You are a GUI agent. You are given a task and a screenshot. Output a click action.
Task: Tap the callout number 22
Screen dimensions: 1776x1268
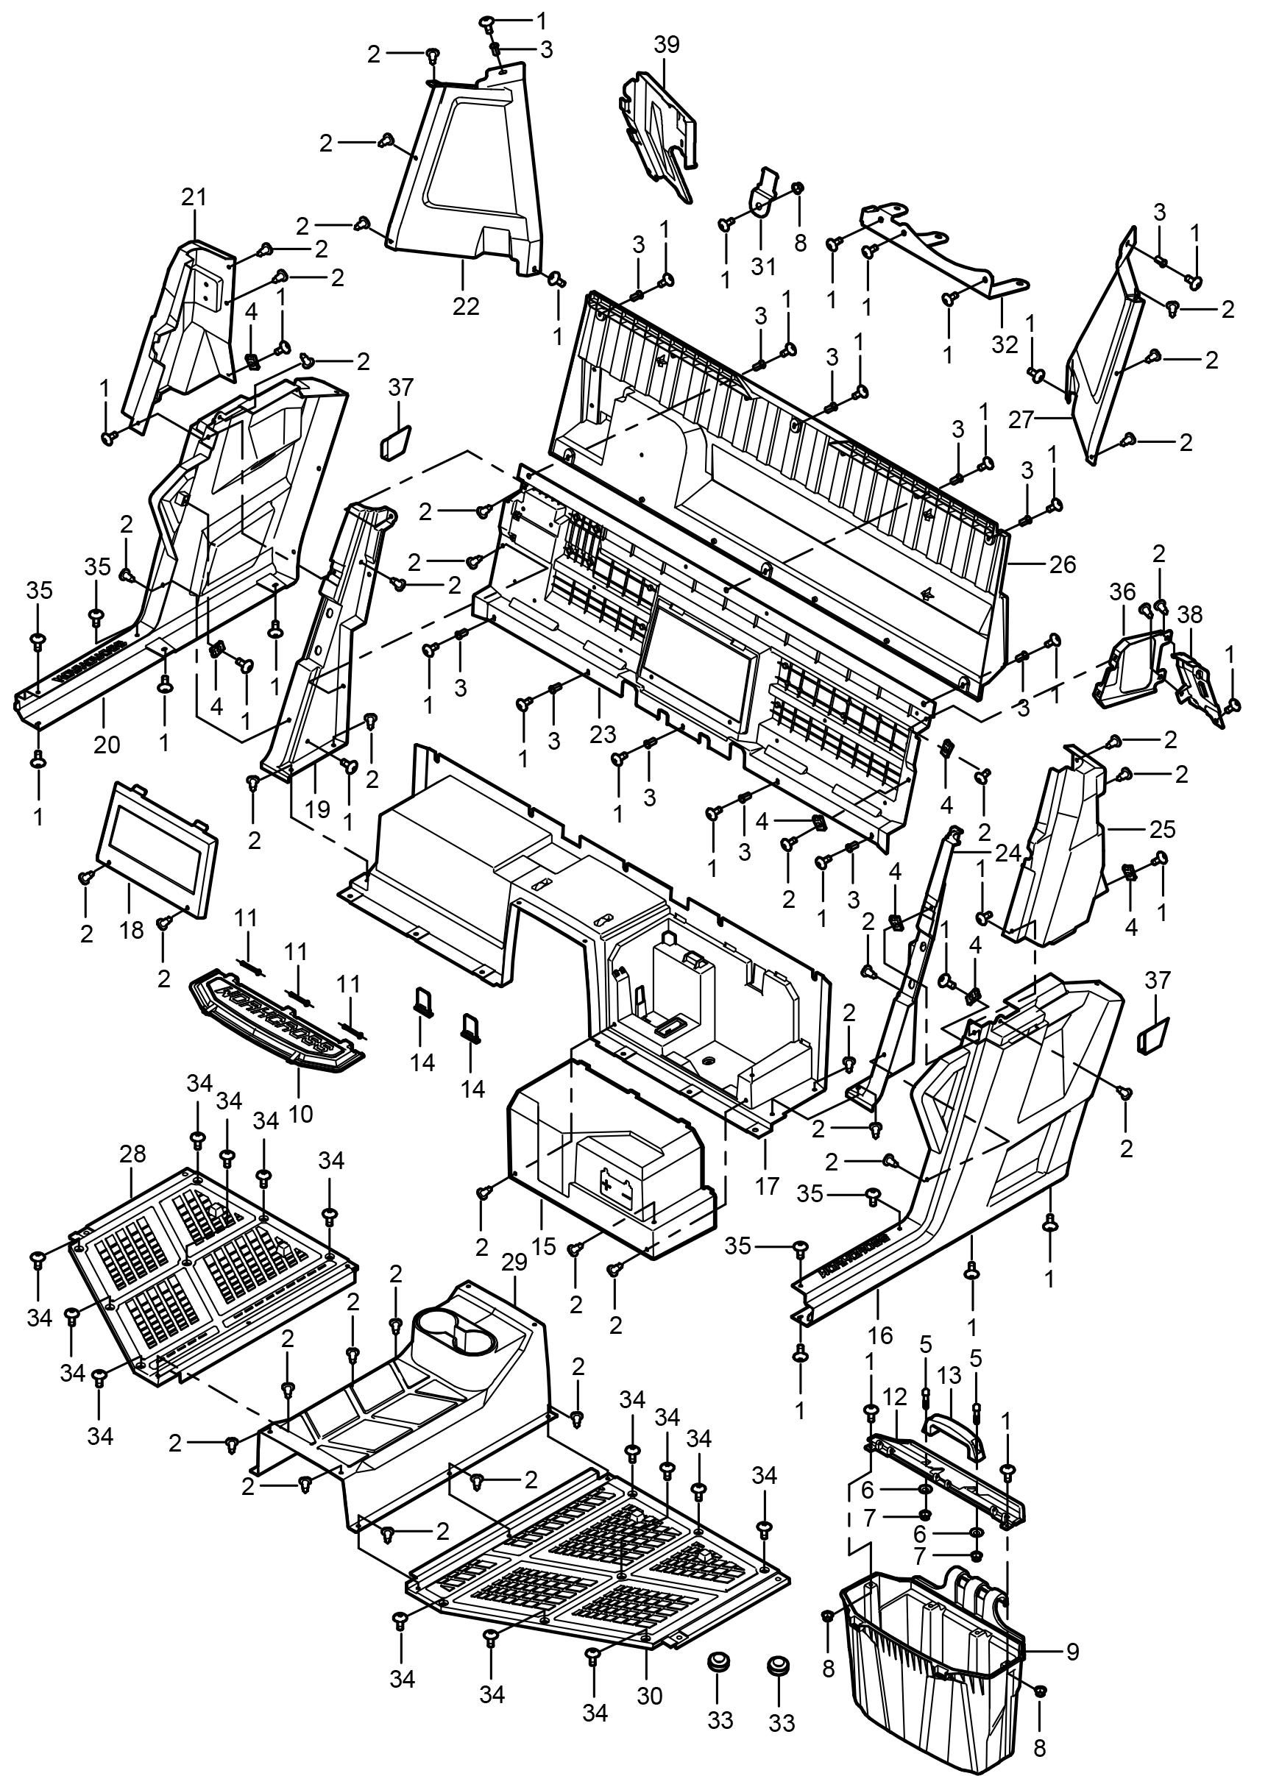tap(465, 306)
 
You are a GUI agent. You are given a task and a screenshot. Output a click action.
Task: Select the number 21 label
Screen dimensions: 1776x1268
tap(194, 197)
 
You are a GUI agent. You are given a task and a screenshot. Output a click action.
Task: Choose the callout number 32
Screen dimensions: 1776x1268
tap(1006, 344)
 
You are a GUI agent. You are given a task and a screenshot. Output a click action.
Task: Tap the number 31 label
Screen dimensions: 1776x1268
tap(764, 266)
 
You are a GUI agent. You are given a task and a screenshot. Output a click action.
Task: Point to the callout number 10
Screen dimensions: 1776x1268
tap(300, 1113)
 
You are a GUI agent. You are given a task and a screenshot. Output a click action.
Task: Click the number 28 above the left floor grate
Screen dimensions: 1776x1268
tap(132, 1154)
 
